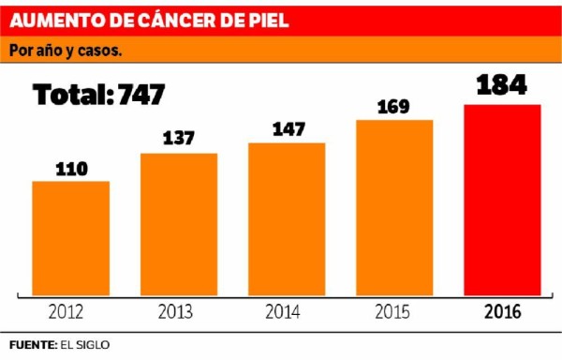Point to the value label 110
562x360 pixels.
click(x=71, y=169)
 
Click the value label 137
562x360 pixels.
click(x=179, y=139)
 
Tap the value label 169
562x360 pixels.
click(x=394, y=106)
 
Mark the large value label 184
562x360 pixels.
click(x=502, y=85)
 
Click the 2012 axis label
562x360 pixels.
click(x=71, y=312)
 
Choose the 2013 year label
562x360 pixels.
click(x=179, y=312)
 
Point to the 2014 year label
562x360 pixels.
click(x=287, y=312)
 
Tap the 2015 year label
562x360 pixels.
click(x=394, y=312)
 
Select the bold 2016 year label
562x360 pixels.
click(x=502, y=312)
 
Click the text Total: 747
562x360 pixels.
click(x=99, y=94)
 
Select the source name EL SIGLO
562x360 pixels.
click(x=85, y=345)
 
